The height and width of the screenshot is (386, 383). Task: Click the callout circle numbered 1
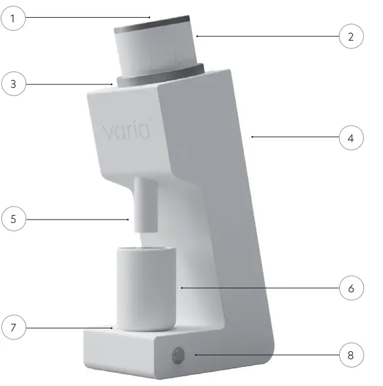click(x=13, y=18)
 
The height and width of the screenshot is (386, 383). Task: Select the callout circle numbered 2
click(x=351, y=37)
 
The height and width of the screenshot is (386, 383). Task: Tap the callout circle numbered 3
click(x=13, y=84)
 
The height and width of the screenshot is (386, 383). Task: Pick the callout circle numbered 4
click(x=351, y=138)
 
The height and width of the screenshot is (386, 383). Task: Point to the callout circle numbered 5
click(x=13, y=219)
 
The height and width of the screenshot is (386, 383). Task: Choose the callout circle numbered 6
click(x=351, y=288)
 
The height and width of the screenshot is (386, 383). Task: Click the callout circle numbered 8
click(x=351, y=356)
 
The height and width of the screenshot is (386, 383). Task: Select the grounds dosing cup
click(x=146, y=288)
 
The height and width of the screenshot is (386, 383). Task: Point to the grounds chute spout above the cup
click(x=145, y=203)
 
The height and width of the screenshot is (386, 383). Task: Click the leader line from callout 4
click(x=295, y=138)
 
